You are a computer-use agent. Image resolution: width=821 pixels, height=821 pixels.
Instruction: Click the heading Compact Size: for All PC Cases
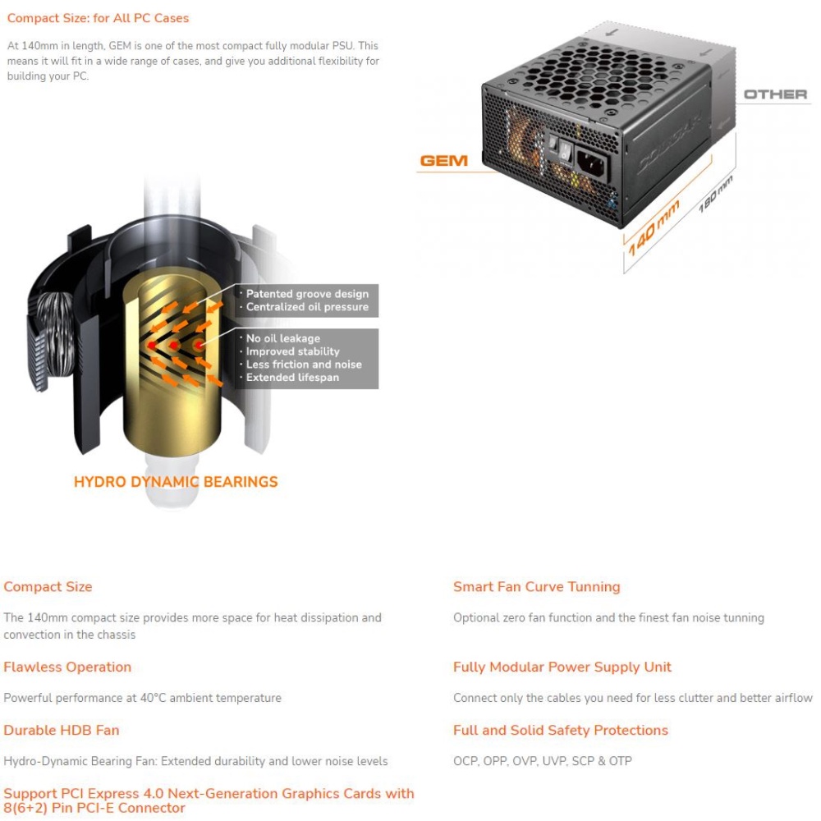tap(98, 17)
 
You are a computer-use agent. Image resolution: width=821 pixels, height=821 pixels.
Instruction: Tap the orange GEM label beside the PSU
tap(443, 161)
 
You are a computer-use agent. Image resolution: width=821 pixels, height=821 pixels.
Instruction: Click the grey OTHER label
tap(775, 94)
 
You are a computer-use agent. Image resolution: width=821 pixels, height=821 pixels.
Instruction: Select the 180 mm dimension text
tap(714, 198)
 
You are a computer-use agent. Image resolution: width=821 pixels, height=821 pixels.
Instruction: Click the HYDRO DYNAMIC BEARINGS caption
tap(176, 482)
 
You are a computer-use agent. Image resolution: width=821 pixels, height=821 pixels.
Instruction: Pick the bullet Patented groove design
tap(307, 294)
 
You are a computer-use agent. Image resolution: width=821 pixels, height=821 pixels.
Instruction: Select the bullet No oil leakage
tap(283, 338)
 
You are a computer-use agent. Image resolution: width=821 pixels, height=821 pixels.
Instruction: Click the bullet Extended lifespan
tap(292, 378)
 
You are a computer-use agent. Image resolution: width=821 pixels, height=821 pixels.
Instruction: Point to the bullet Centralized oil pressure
tap(307, 307)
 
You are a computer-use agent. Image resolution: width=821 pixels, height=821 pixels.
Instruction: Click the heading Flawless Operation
tap(67, 667)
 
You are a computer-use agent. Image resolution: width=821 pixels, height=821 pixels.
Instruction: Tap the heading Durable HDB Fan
tap(62, 730)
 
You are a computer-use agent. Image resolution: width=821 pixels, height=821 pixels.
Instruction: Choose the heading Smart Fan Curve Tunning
tap(536, 587)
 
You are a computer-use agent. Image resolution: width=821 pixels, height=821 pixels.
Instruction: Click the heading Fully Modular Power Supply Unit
tap(562, 667)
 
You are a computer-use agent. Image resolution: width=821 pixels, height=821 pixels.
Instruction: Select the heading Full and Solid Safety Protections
tap(560, 730)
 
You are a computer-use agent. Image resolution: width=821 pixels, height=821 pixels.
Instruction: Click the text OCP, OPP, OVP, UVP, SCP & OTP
tap(543, 761)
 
